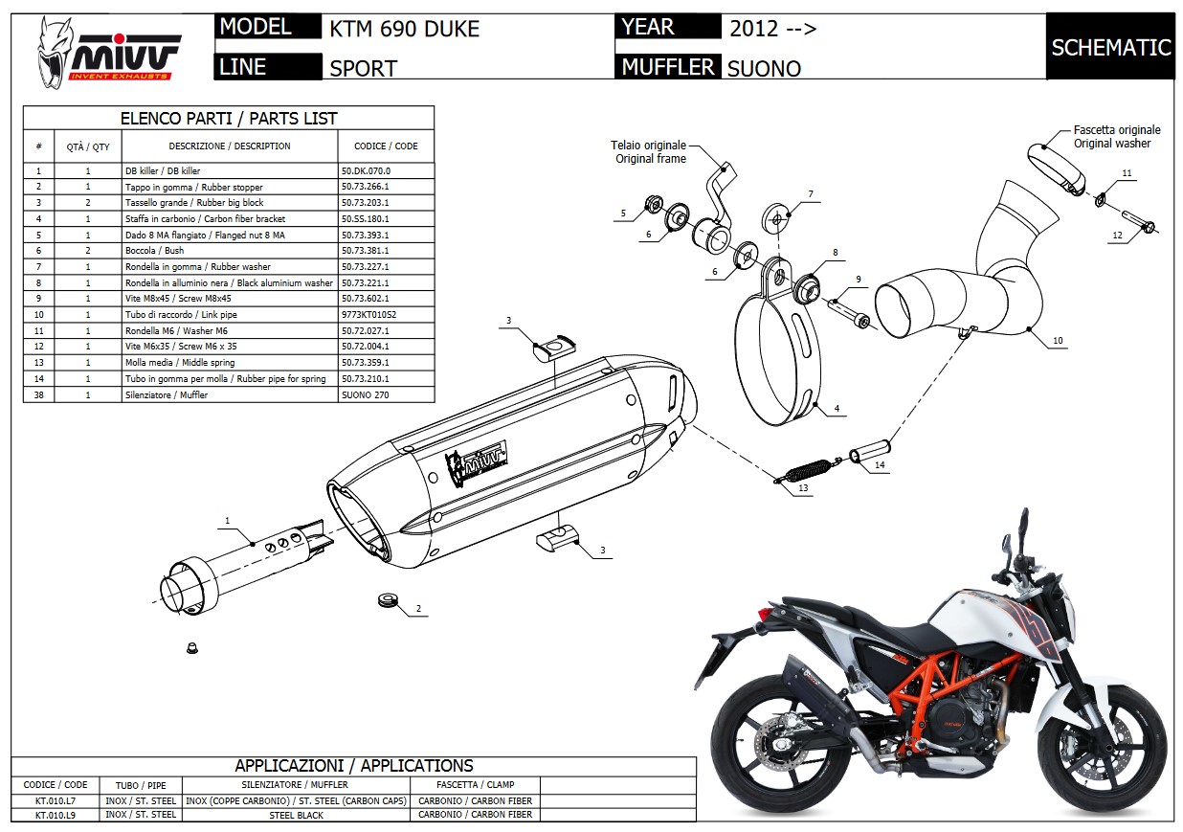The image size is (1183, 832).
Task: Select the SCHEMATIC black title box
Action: point(1110,47)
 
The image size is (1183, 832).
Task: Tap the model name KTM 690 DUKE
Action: point(404,30)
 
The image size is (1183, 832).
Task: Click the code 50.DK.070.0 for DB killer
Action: point(366,170)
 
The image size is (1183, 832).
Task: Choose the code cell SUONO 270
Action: point(364,394)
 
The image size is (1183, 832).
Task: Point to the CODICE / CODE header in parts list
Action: point(386,146)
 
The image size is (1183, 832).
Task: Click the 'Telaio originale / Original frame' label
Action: point(649,152)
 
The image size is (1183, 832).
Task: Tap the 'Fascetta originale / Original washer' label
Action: point(1116,136)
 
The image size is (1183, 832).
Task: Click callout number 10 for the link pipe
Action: point(1057,340)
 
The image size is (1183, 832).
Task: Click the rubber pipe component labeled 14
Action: point(871,450)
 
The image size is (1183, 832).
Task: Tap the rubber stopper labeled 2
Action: point(387,601)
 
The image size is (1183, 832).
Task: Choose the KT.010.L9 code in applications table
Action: point(55,815)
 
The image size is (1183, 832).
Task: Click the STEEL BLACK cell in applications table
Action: point(296,815)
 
